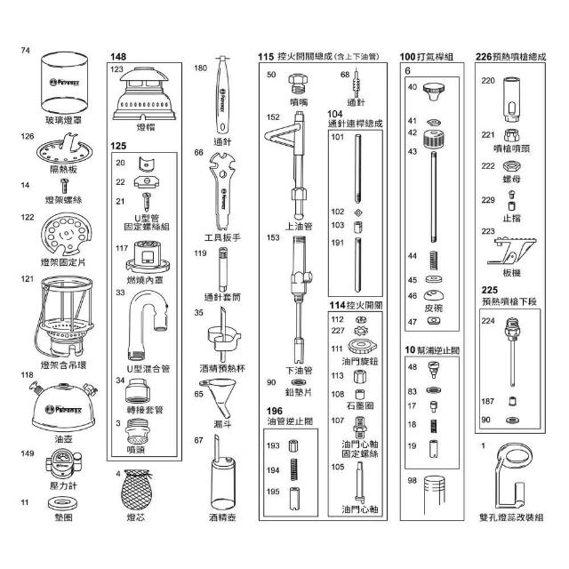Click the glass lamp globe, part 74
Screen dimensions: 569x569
point(67,87)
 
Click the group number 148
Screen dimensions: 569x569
point(118,56)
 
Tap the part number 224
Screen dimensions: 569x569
point(487,322)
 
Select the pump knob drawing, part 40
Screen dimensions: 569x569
point(435,90)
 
